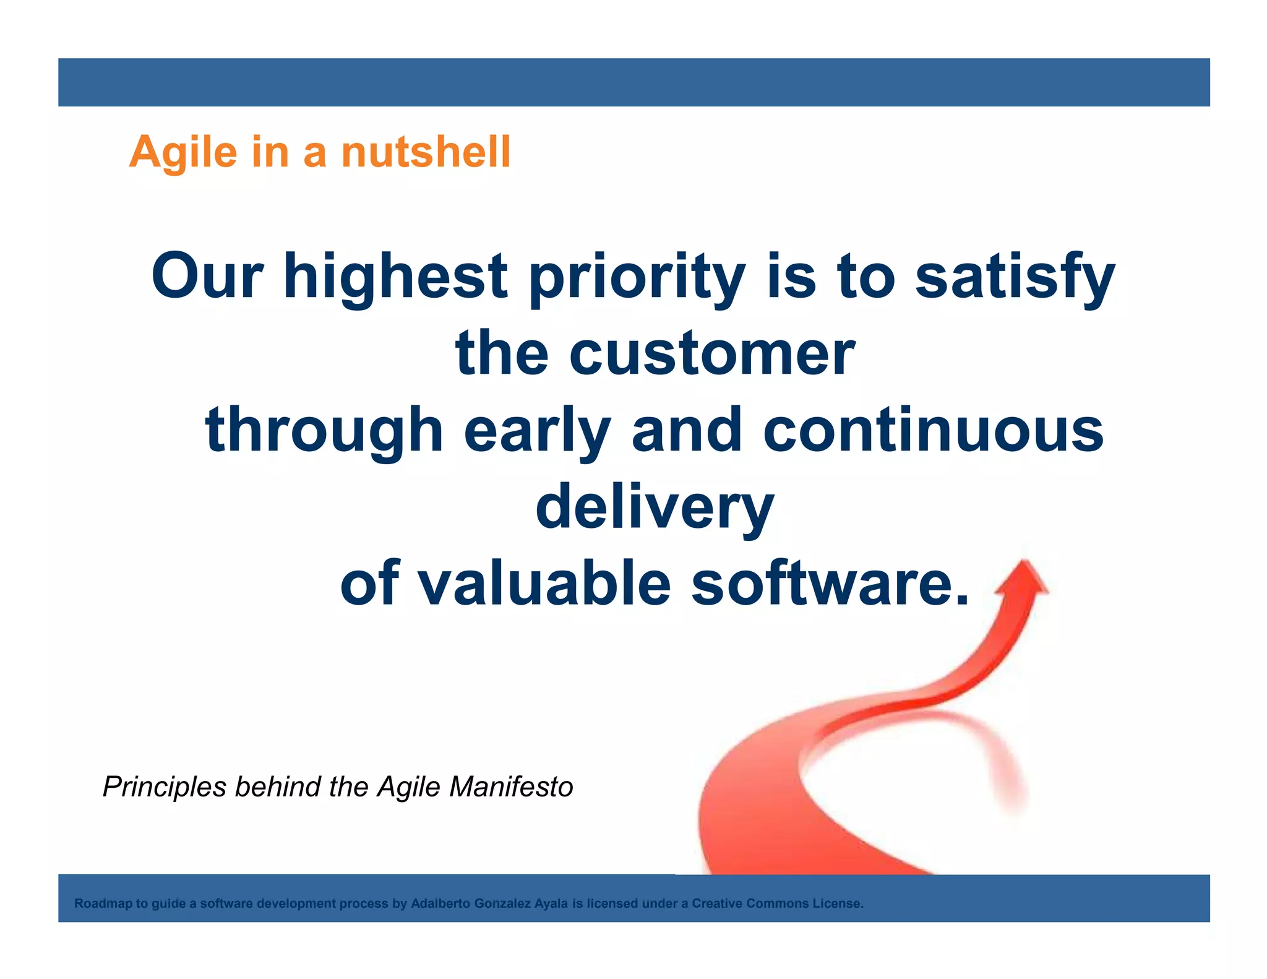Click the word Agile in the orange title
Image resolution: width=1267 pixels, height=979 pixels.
[x=183, y=152]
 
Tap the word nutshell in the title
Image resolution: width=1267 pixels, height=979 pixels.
[x=426, y=152]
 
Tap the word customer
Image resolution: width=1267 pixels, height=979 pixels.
[x=712, y=353]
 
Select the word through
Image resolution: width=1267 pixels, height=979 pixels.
[x=324, y=430]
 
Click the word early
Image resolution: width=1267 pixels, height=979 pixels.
[x=537, y=430]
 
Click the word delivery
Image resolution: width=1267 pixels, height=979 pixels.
[x=655, y=507]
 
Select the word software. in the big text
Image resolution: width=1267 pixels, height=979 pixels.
[x=830, y=584]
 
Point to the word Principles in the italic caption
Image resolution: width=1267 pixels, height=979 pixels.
[x=165, y=787]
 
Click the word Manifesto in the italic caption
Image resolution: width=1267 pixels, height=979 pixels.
[x=511, y=787]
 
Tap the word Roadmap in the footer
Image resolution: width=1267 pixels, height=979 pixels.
[x=103, y=904]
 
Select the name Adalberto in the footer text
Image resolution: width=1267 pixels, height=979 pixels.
[x=440, y=904]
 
